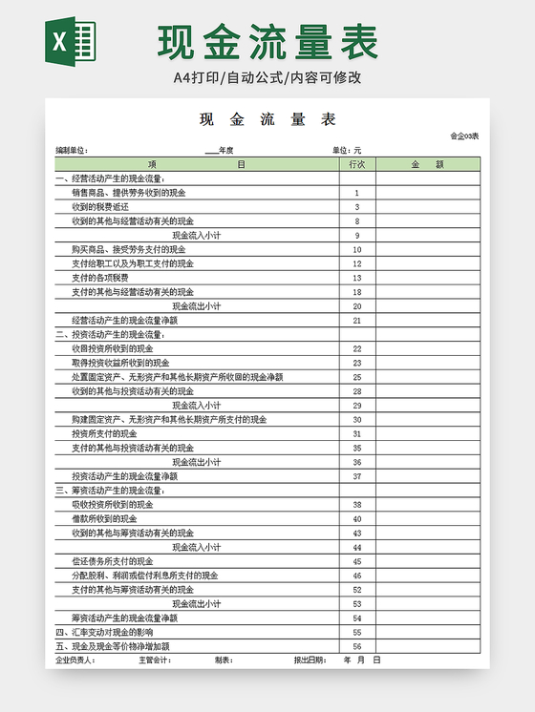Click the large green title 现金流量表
click(268, 43)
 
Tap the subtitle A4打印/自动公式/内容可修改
click(267, 78)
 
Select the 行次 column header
click(356, 164)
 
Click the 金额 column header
click(427, 164)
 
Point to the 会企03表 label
click(463, 136)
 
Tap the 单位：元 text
click(347, 151)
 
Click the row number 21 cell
click(356, 321)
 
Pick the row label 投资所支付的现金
click(104, 433)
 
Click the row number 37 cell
click(356, 476)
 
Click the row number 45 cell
click(356, 561)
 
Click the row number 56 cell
click(356, 646)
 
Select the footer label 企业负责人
click(75, 660)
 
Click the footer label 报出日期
click(310, 660)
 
